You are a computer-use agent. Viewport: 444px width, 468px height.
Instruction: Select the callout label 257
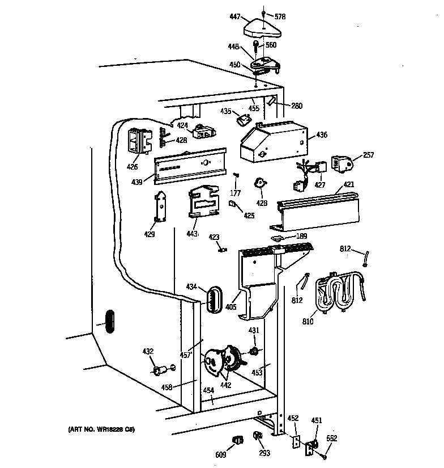[368, 154]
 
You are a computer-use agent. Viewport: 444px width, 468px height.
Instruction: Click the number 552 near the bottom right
[331, 438]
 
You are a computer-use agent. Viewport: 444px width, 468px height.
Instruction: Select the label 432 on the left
[147, 352]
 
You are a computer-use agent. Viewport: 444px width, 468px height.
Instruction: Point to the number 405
[230, 306]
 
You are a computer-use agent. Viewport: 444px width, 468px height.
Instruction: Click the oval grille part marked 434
[214, 298]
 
